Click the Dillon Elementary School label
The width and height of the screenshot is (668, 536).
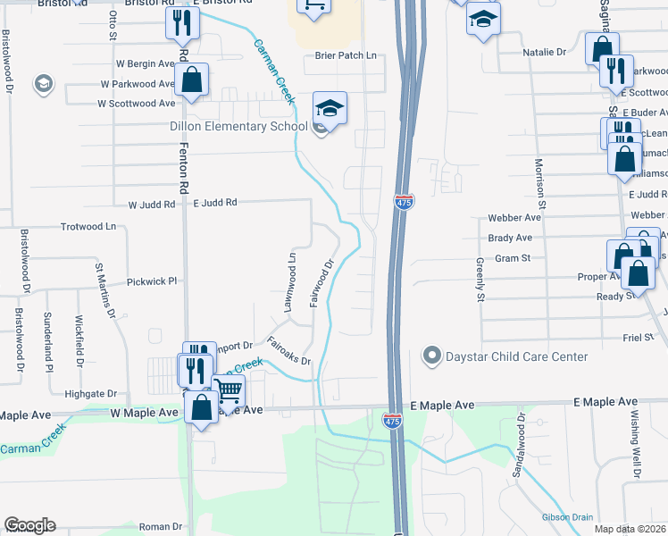pyautogui.click(x=238, y=126)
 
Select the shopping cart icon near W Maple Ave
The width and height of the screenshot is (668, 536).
pyautogui.click(x=230, y=389)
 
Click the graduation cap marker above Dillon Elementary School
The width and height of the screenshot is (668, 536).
pyautogui.click(x=330, y=109)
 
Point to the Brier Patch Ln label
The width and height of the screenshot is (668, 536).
pyautogui.click(x=347, y=55)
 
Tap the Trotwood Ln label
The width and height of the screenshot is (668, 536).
pyautogui.click(x=88, y=227)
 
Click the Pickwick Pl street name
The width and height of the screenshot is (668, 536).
pyautogui.click(x=153, y=281)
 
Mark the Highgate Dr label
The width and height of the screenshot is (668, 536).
pyautogui.click(x=91, y=393)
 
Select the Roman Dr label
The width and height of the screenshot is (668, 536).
pyautogui.click(x=160, y=527)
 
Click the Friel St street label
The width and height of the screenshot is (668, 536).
pyautogui.click(x=639, y=339)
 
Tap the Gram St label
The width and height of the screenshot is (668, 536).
pyautogui.click(x=514, y=257)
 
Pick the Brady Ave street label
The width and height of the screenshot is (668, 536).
pyautogui.click(x=510, y=238)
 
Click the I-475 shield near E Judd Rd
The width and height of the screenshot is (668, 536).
pyautogui.click(x=405, y=203)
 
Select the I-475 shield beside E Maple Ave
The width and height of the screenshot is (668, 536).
pyautogui.click(x=392, y=419)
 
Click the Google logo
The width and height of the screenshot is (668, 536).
pyautogui.click(x=29, y=525)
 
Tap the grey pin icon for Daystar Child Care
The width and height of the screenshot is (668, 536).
pyautogui.click(x=432, y=356)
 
